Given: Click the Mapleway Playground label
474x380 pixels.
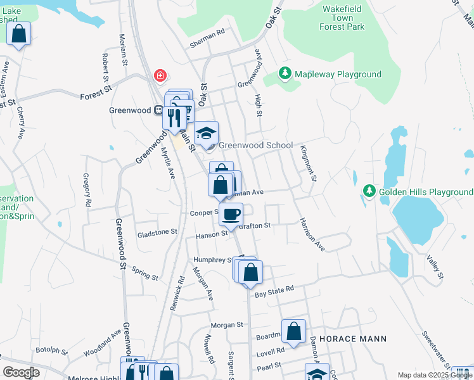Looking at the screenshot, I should pyautogui.click(x=336, y=75).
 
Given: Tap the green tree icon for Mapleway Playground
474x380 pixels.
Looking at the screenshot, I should pyautogui.click(x=285, y=75).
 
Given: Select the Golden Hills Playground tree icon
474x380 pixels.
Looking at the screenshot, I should pyautogui.click(x=369, y=191).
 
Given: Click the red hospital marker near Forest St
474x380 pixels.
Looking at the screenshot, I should pyautogui.click(x=160, y=77).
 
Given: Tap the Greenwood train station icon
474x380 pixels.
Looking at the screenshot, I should pyautogui.click(x=158, y=110).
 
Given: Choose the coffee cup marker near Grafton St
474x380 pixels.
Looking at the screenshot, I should pyautogui.click(x=231, y=214).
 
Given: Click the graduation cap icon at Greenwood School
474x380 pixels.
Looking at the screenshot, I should pyautogui.click(x=206, y=133).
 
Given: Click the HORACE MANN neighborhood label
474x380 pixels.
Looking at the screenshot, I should pyautogui.click(x=352, y=339).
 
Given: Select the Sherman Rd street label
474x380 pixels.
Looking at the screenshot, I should pyautogui.click(x=207, y=39).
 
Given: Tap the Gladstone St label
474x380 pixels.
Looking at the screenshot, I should pyautogui.click(x=157, y=232).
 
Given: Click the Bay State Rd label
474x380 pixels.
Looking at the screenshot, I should pyautogui.click(x=274, y=288).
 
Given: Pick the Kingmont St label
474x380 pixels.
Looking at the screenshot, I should pyautogui.click(x=308, y=163).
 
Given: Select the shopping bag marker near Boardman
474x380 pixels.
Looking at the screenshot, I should pyautogui.click(x=293, y=331).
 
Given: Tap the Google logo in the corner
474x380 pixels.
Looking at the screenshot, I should pyautogui.click(x=21, y=372).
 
